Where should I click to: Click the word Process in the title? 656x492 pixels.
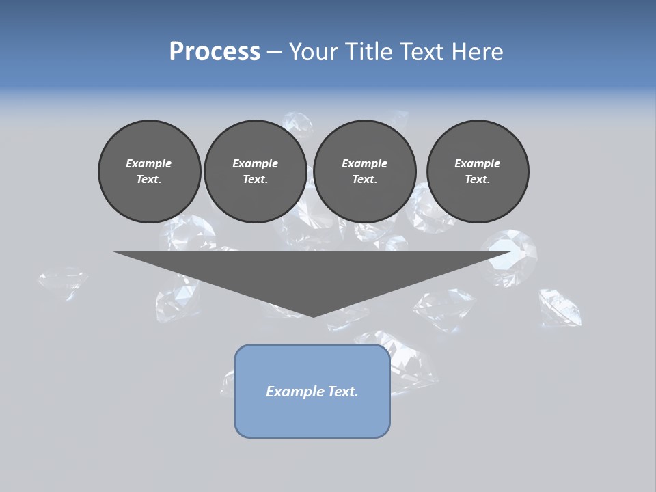pos(215,52)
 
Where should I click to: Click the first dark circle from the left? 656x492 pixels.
pos(150,172)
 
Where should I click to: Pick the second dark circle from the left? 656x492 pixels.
pos(256,172)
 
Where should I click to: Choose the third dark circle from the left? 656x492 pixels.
pos(365,172)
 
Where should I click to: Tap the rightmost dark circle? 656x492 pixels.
pos(478,172)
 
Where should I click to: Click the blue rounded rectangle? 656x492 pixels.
pos(312,391)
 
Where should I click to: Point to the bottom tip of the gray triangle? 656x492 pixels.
pos(313,316)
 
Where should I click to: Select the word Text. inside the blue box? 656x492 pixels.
pos(342,392)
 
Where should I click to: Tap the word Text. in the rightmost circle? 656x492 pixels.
pos(478,180)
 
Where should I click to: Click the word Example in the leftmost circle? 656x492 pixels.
pos(149,163)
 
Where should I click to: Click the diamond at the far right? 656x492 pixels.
pos(560,307)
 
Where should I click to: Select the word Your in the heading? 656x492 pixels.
pos(312,52)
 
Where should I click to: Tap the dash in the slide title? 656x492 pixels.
pos(274,52)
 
